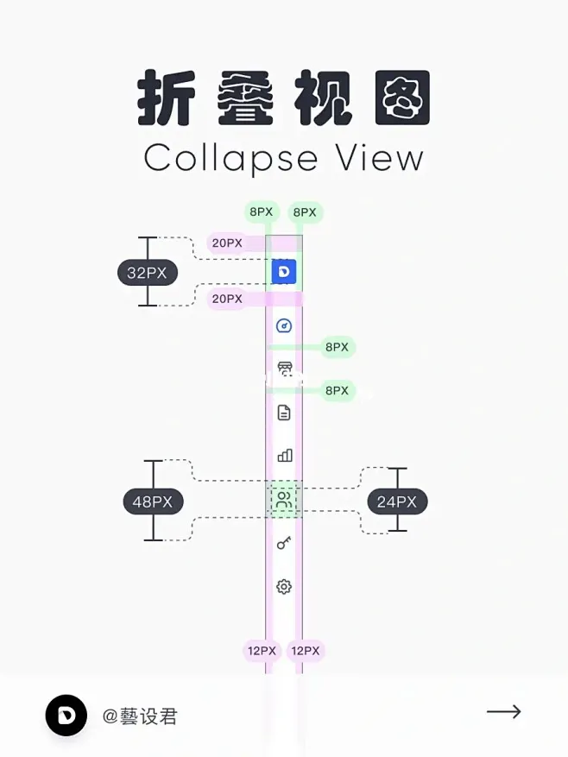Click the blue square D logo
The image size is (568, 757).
284,271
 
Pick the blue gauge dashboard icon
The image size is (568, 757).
284,326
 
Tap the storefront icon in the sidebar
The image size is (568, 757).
285,369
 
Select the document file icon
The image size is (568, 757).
284,413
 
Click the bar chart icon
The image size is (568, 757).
285,455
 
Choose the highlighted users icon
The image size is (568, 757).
284,500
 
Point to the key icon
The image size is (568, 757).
284,543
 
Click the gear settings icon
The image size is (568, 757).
284,587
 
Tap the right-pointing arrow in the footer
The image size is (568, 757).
504,711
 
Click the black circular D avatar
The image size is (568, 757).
66,716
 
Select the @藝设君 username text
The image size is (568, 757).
140,716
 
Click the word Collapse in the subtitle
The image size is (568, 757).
230,158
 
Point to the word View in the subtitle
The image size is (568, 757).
380,157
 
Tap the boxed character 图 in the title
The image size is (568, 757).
402,98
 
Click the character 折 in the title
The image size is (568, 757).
167,98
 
